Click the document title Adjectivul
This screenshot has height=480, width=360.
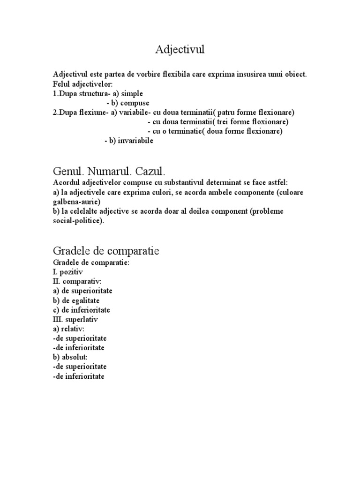pyautogui.click(x=180, y=50)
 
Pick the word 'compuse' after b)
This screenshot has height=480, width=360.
pyautogui.click(x=133, y=103)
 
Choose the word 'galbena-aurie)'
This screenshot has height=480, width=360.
pyautogui.click(x=76, y=202)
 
